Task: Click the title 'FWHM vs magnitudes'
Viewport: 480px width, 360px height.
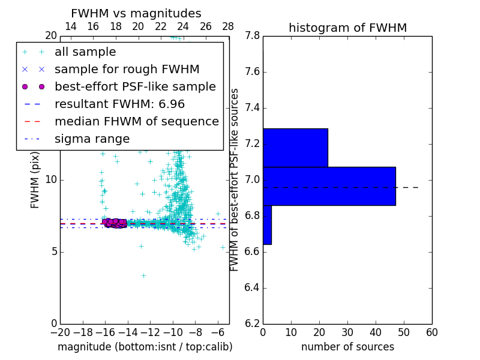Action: pos(136,13)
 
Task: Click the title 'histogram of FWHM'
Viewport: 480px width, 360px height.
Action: pos(347,28)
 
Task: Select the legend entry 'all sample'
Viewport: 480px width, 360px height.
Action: pos(85,52)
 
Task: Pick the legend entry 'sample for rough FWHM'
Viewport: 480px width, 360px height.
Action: pos(127,69)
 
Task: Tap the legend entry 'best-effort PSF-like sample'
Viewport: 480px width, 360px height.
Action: pos(135,86)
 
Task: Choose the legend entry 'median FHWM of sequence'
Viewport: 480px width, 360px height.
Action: pos(136,121)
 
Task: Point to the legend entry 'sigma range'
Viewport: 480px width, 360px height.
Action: pos(92,139)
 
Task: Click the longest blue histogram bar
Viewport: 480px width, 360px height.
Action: pos(329,186)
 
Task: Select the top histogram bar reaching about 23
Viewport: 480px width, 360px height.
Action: pos(295,148)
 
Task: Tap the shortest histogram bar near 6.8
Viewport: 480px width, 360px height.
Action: pos(267,224)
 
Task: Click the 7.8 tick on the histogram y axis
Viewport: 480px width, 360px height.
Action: pos(253,36)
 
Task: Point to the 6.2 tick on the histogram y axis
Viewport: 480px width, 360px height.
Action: pos(253,323)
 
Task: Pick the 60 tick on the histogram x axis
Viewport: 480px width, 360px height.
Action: pos(431,332)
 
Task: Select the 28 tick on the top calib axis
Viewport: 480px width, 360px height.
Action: pos(228,26)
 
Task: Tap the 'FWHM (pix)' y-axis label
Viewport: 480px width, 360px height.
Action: pos(35,179)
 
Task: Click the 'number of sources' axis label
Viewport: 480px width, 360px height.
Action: pos(347,347)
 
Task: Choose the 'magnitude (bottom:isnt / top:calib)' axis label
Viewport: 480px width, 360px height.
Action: pos(145,347)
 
